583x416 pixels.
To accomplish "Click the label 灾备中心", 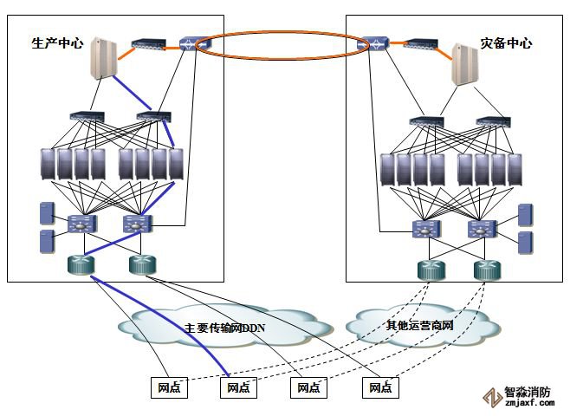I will (x=506, y=42).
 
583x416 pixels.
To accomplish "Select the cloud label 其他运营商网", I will (x=420, y=325).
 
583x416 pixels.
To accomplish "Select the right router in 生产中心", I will (x=140, y=265).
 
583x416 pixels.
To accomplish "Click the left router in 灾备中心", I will (x=431, y=269).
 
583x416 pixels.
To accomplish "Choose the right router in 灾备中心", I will (x=488, y=269).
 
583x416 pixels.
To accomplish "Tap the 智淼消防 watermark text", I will (x=528, y=392).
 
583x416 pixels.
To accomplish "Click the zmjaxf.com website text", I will (x=528, y=403).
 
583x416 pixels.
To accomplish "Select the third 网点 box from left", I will (x=308, y=387).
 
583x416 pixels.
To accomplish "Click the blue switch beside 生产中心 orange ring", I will (x=189, y=42).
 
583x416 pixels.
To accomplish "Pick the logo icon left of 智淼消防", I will (x=492, y=397).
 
